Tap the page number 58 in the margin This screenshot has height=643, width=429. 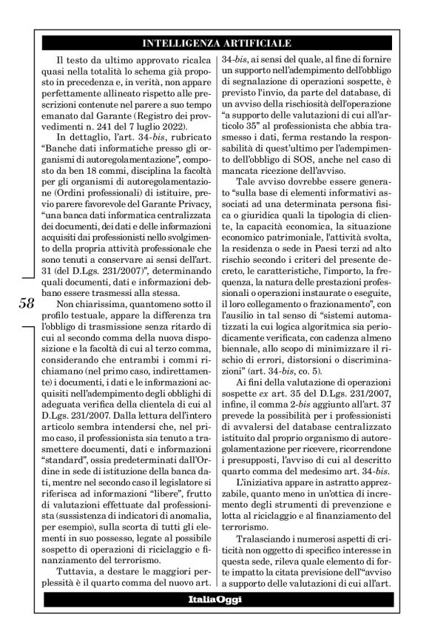pyautogui.click(x=27, y=305)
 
